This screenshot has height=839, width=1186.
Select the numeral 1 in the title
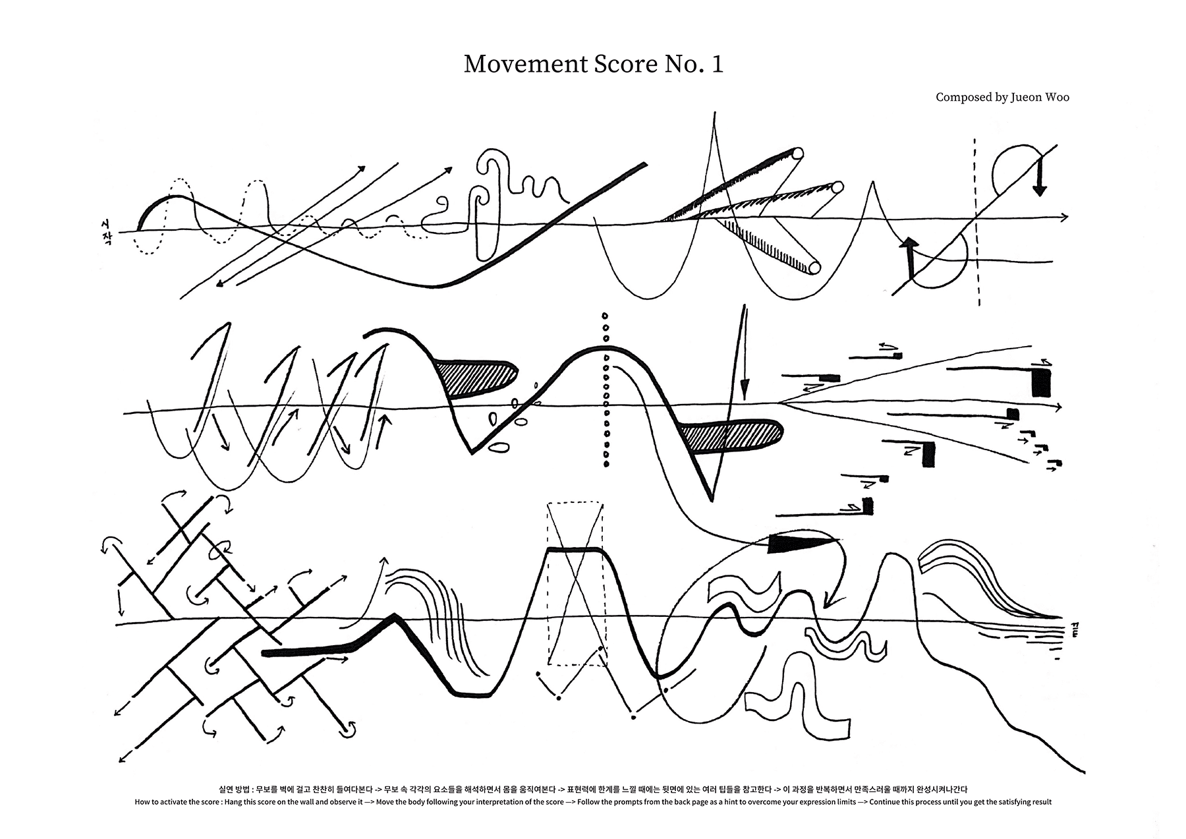click(x=717, y=65)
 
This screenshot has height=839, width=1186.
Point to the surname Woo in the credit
click(x=1058, y=98)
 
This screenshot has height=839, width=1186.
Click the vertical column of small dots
click(x=606, y=389)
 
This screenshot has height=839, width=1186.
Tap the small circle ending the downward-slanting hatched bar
click(x=814, y=268)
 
